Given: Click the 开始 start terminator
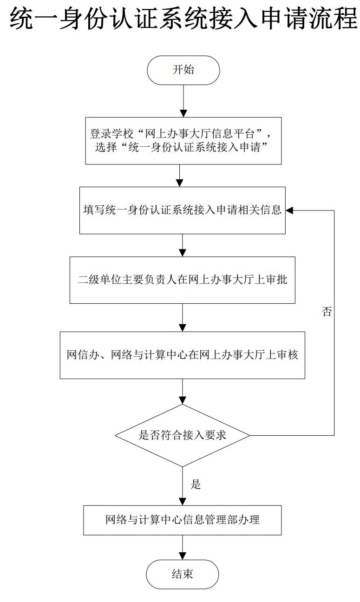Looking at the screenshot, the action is pos(183,71).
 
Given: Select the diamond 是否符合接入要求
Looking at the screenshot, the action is pos(183,435).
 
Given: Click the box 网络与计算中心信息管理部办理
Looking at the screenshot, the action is pos(183,520).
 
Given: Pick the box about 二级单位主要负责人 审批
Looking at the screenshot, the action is pos(183,280).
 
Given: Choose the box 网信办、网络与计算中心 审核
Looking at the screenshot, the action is pos(183,355).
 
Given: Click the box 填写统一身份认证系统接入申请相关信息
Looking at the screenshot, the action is pos(183,210).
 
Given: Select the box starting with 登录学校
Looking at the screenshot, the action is pos(183,141).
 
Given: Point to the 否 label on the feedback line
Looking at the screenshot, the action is pos(327,312).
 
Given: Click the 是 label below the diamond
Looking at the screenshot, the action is pos(196,484).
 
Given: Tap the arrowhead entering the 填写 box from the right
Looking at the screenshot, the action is pos(289,210).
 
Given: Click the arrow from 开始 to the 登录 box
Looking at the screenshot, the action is pos(183,101).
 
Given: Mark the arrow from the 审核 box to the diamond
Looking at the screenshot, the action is pos(183,392).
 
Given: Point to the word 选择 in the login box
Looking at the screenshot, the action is pos(106,147).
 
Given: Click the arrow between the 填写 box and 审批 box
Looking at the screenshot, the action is pos(183,245).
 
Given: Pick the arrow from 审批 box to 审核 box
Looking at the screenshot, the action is pos(183,318).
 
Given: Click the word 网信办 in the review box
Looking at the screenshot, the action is pos(83,355).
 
